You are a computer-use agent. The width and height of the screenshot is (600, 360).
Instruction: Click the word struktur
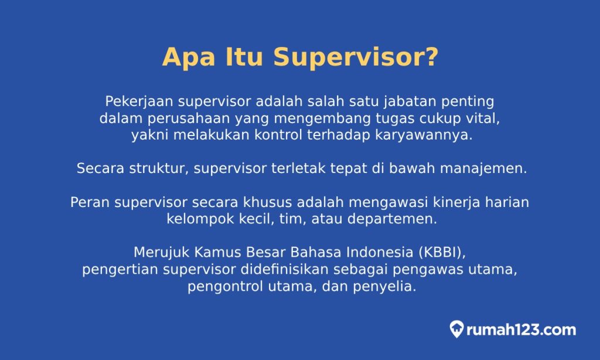(160, 169)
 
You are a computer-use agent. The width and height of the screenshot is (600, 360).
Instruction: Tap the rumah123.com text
(521, 330)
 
